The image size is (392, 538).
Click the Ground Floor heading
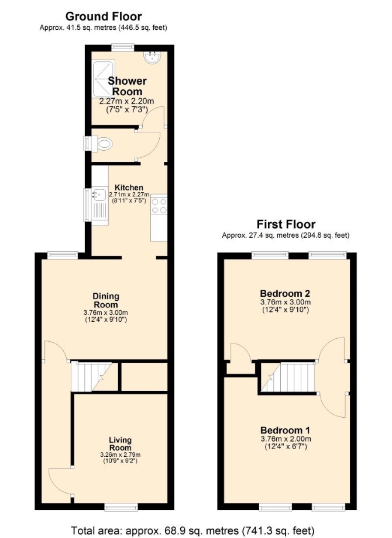[104, 16]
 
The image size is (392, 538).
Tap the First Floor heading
[286, 224]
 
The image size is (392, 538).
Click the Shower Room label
[127, 86]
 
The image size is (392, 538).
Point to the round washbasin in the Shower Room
[152, 58]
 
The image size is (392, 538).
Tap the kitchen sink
[99, 195]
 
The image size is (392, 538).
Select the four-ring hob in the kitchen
[159, 206]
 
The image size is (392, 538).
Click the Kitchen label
[129, 188]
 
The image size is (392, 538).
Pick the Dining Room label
[106, 300]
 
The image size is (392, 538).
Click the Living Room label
[121, 443]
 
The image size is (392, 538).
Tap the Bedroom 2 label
[285, 293]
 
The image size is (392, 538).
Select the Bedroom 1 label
[285, 430]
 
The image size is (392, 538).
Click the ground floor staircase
[91, 377]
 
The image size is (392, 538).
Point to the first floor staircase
[288, 377]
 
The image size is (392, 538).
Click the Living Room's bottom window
[121, 507]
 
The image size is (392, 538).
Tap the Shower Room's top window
[123, 47]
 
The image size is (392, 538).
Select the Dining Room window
[63, 255]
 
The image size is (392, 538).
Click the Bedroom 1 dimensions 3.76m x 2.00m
[286, 439]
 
